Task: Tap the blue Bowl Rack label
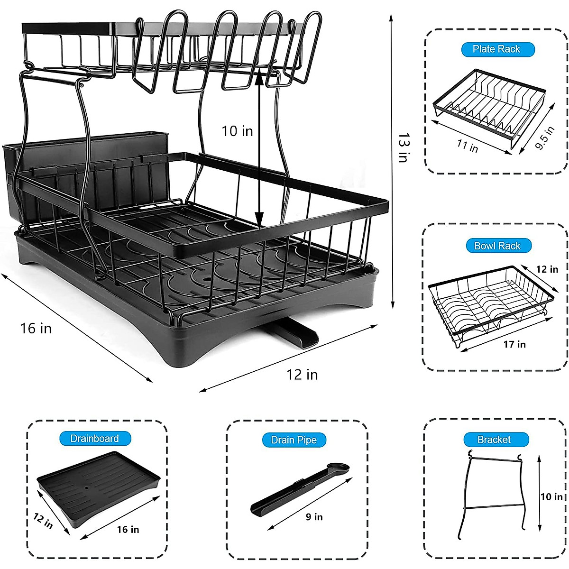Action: (x=497, y=246)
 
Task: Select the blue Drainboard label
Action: (x=94, y=439)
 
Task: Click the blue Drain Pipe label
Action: (x=294, y=440)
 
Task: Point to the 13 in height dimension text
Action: (x=404, y=147)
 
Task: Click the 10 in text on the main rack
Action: (x=237, y=131)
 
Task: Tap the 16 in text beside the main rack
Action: (x=36, y=328)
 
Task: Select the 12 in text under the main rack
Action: (x=302, y=375)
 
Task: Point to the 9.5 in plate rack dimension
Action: (x=545, y=138)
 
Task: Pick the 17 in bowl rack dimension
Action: (x=514, y=344)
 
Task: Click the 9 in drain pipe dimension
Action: (x=314, y=516)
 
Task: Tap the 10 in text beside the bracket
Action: (x=551, y=496)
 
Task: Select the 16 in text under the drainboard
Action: (x=128, y=529)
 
